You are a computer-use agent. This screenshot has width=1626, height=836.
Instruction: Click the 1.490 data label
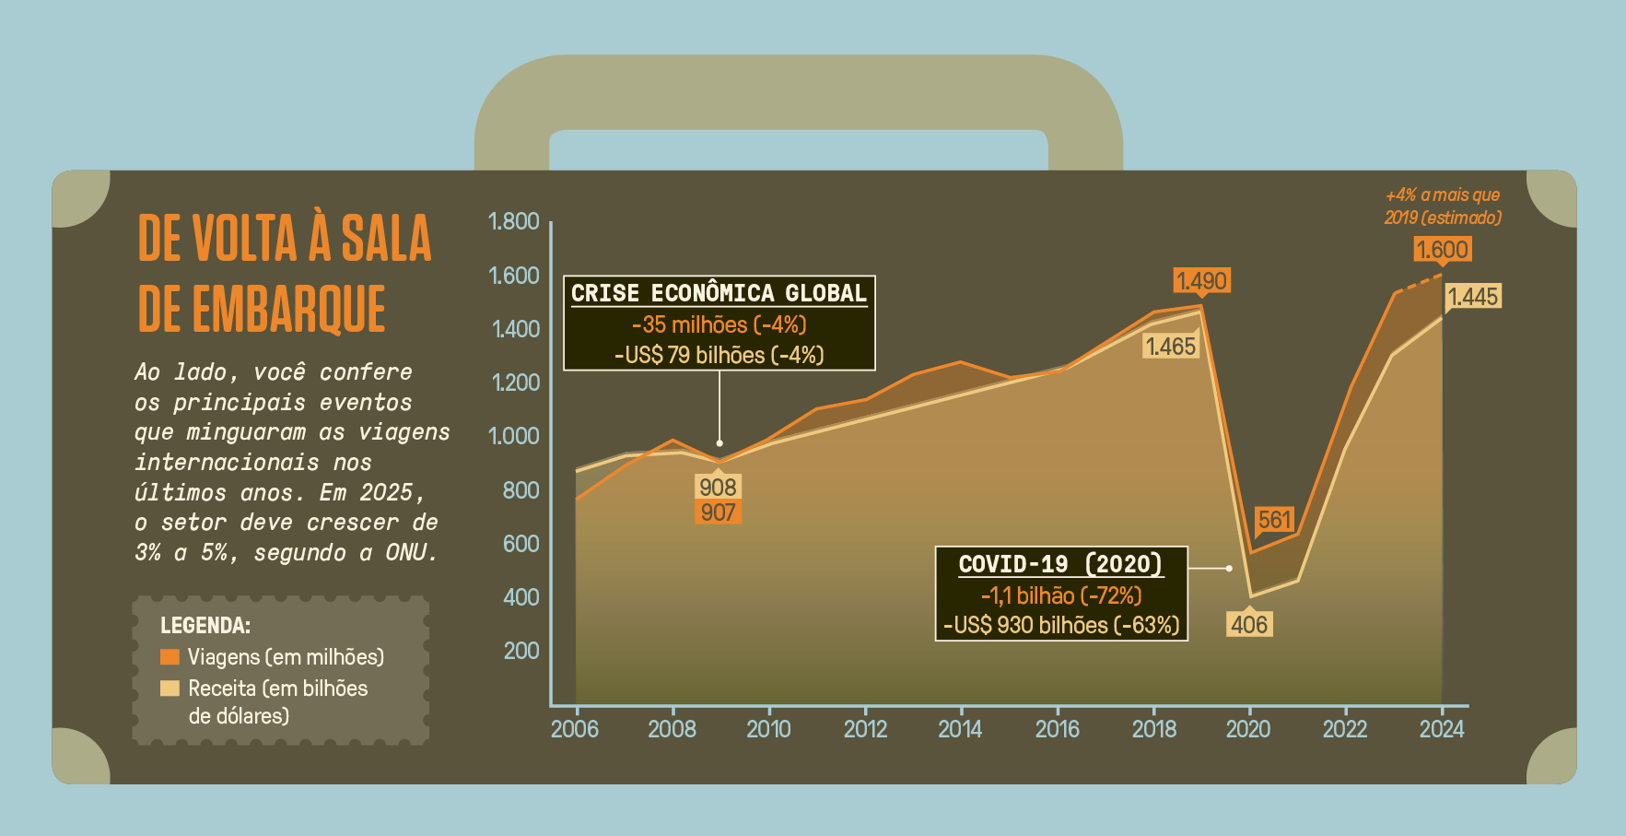[x=1202, y=280]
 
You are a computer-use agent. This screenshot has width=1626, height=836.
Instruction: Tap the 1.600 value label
[x=1442, y=250]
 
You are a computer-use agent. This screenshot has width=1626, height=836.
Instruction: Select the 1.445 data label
[x=1473, y=297]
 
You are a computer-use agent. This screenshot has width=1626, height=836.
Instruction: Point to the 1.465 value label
[x=1170, y=347]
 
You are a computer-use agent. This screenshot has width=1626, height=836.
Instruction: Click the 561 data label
[x=1275, y=520]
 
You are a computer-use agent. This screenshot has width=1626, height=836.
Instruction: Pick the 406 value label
[x=1249, y=625]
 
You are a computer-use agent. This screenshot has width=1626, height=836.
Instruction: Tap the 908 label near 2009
[x=718, y=487]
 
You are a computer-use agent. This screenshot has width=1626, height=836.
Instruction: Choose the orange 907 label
[x=718, y=512]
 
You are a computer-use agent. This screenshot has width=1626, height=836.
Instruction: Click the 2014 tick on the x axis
[x=960, y=729]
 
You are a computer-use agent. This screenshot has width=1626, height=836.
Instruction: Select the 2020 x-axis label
[x=1248, y=729]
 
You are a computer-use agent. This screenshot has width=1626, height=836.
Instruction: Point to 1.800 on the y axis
[x=513, y=221]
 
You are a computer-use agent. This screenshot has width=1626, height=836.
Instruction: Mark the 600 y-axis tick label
[x=521, y=544]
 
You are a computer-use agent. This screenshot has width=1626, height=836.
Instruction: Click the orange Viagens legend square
[x=170, y=657]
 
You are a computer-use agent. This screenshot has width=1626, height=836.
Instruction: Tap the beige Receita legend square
[x=170, y=689]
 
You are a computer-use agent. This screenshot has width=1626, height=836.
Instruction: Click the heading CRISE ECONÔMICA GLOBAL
[x=719, y=293]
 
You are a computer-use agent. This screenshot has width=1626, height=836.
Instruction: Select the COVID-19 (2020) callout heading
[x=1060, y=564]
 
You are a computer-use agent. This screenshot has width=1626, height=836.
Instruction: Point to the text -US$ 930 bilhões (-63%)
[x=1061, y=625]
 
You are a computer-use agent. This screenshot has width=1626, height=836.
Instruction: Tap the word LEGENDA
[x=205, y=626]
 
